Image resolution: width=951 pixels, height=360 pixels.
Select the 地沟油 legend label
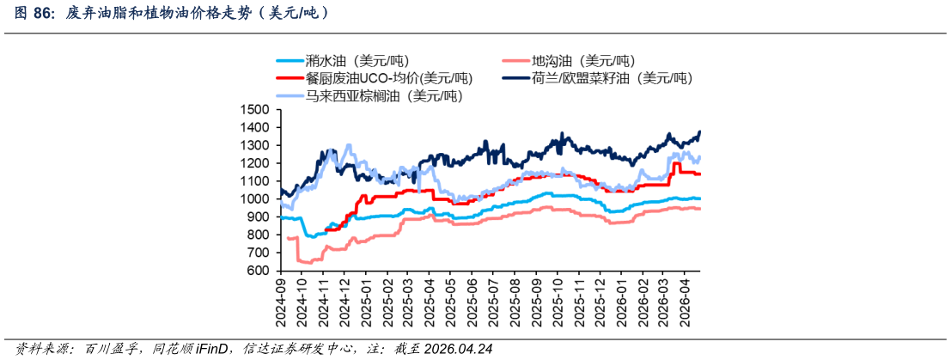[569, 61]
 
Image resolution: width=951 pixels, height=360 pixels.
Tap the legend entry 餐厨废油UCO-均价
[375, 78]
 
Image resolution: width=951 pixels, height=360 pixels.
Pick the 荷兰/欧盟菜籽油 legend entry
[597, 78]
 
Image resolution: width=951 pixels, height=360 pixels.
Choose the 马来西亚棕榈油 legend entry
[369, 96]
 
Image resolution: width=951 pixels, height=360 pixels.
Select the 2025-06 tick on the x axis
[472, 301]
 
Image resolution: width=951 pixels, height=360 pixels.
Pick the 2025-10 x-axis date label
[555, 301]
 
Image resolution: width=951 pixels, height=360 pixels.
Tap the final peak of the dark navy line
[699, 131]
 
